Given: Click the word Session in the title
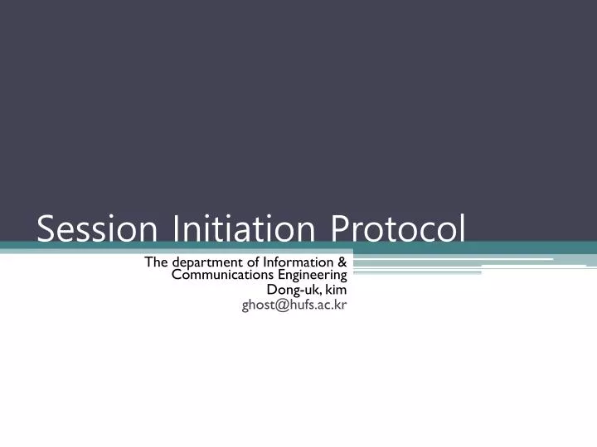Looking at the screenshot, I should tap(99, 228).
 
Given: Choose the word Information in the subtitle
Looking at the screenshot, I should tap(297, 262).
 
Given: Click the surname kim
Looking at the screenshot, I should tap(336, 290).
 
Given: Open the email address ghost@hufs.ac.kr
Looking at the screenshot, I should tap(294, 305).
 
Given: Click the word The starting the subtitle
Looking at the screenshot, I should tap(156, 262).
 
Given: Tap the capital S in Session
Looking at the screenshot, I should tap(46, 228).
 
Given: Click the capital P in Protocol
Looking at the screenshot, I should tap(341, 228).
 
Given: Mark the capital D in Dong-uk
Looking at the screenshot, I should tap(271, 290).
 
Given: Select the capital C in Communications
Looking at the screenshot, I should tap(176, 275).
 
